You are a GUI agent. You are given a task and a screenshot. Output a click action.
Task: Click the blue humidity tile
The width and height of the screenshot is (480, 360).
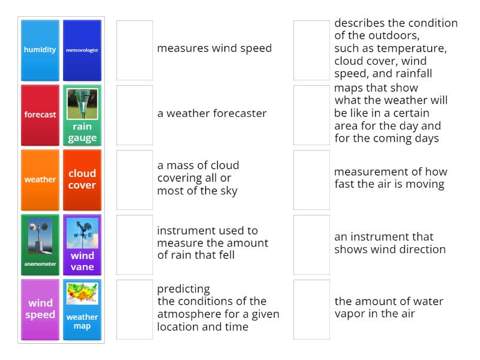tap(40, 50)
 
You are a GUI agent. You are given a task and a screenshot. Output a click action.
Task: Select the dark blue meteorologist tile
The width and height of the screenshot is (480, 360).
tap(82, 50)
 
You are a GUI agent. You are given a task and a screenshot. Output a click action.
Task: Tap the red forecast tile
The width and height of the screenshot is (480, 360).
tap(40, 115)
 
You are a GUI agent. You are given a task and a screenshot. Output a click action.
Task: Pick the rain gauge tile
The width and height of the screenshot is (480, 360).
tap(82, 115)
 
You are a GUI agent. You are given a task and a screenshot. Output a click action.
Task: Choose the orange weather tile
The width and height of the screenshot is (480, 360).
tap(40, 179)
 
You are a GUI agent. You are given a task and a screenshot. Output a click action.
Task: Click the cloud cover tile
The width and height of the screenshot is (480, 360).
tap(82, 179)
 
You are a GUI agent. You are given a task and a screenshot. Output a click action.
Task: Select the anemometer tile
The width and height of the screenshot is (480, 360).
tap(40, 244)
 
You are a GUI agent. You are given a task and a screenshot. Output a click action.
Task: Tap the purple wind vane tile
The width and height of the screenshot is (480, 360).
tap(82, 244)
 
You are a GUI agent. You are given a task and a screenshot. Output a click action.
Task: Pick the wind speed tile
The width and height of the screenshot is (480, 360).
tap(40, 309)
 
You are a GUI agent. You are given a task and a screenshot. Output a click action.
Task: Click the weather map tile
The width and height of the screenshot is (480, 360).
tap(82, 309)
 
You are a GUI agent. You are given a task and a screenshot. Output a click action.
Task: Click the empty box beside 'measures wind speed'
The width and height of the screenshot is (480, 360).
tap(134, 50)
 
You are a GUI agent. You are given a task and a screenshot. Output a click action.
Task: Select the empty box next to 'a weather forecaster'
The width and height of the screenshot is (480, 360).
tap(134, 115)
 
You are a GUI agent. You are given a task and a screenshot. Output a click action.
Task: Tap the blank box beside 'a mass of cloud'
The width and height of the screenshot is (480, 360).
tap(134, 179)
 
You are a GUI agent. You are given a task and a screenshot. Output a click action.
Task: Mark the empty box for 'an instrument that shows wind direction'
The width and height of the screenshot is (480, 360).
tap(311, 244)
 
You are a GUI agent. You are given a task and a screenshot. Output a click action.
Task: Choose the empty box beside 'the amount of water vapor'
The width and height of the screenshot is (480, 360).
tap(311, 309)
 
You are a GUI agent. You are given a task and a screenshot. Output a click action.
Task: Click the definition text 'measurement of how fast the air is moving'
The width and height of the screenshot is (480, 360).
tap(390, 178)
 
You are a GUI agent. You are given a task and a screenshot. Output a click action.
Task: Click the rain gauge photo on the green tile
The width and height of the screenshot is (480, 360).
tap(82, 103)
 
